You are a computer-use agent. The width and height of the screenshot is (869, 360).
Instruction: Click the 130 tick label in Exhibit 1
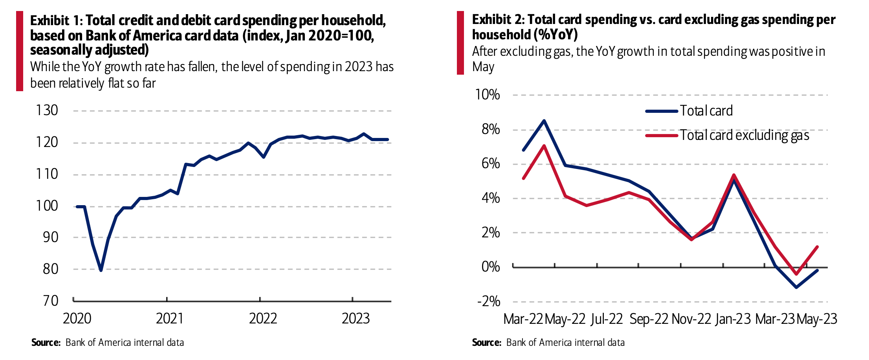[47, 110]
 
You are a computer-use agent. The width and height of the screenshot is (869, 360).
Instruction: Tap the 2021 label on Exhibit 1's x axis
[170, 318]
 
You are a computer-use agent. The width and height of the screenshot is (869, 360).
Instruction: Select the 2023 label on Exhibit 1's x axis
[356, 318]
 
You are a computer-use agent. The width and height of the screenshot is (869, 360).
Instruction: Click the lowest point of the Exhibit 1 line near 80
[101, 270]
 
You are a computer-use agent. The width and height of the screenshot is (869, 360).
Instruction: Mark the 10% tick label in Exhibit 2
[487, 95]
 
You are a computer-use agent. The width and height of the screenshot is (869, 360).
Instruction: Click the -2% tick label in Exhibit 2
[489, 301]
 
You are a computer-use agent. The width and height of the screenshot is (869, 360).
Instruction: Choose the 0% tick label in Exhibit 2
[491, 267]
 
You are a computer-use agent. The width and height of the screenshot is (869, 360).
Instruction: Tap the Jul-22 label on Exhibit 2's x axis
[607, 319]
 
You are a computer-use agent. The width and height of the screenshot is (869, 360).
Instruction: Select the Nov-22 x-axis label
[691, 319]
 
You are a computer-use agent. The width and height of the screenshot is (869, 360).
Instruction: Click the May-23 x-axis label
[817, 319]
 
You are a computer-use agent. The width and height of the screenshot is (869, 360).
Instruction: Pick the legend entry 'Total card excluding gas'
[744, 136]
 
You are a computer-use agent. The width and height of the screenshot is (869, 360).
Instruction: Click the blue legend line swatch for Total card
[662, 111]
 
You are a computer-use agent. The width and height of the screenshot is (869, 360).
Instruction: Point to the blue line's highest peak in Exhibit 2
[544, 121]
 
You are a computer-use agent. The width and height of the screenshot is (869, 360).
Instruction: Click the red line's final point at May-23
[817, 247]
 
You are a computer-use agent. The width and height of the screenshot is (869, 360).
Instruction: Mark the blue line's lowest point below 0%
[796, 287]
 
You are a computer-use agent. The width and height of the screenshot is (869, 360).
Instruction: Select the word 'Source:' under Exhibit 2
[486, 343]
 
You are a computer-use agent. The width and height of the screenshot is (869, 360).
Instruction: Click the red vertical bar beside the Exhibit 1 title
[20, 51]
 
